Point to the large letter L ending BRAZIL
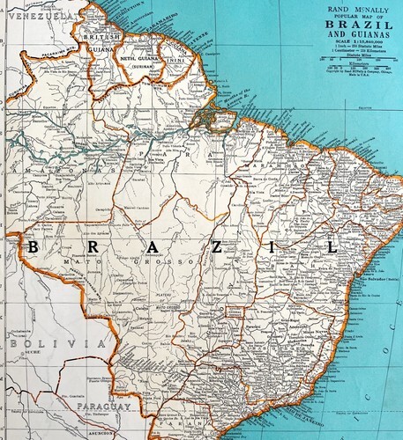point(332,249)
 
